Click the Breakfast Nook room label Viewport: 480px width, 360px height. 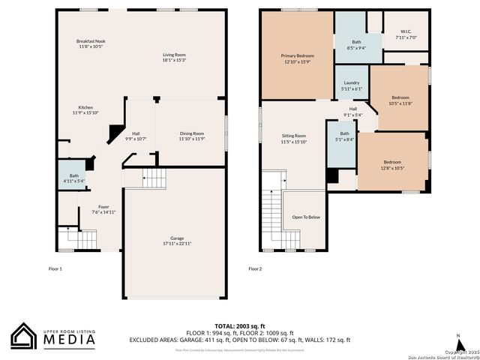coord(91,43)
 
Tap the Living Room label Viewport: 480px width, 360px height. coord(175,57)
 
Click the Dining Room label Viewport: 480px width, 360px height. coord(191,136)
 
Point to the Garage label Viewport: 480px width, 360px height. coord(177,241)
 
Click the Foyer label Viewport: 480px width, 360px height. coord(103,209)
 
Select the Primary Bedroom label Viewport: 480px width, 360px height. coord(297,58)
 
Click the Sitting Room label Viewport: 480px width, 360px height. coord(294,138)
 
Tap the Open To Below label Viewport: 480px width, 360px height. coord(306,217)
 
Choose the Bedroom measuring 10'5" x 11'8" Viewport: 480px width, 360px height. coord(400,100)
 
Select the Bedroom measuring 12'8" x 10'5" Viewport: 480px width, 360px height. coord(393,165)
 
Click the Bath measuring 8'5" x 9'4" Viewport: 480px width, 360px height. coord(356,45)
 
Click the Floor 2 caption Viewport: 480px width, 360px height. coord(256,268)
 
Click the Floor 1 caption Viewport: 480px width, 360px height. coord(55,268)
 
